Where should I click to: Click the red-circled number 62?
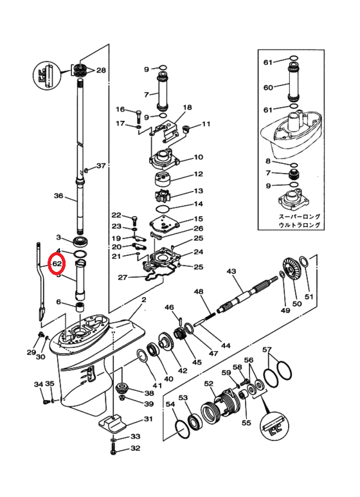[57, 264]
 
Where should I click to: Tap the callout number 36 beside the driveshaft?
[59, 196]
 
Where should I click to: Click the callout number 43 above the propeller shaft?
[231, 271]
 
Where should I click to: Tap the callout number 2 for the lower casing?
[144, 300]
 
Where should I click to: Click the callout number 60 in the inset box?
[268, 87]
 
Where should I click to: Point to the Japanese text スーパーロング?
[300, 217]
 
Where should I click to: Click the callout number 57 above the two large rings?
[267, 350]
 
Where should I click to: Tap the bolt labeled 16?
[138, 116]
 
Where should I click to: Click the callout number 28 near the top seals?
[101, 70]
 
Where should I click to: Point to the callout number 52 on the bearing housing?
[209, 384]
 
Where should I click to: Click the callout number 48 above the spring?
[199, 292]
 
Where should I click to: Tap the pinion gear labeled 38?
[122, 388]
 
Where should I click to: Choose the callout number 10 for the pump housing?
[199, 158]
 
